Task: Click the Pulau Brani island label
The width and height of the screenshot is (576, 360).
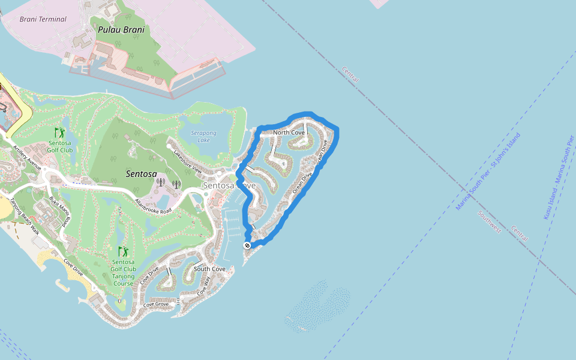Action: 121,29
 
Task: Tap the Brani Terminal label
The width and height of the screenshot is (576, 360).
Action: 43,19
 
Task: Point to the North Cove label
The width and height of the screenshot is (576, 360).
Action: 289,133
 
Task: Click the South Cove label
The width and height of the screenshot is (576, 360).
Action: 209,269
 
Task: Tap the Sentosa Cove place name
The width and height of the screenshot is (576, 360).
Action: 229,186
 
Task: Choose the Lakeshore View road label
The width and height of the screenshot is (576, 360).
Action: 187,162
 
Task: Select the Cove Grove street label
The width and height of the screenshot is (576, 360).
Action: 156,305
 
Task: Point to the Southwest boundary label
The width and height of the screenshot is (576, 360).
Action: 490,222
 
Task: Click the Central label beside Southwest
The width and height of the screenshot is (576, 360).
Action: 520,234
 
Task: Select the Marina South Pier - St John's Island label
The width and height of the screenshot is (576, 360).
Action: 488,171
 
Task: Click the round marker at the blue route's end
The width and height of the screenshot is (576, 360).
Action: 247,245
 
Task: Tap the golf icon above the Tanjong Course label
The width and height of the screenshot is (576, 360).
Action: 123,251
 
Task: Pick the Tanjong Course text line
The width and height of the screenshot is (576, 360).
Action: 123,283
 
